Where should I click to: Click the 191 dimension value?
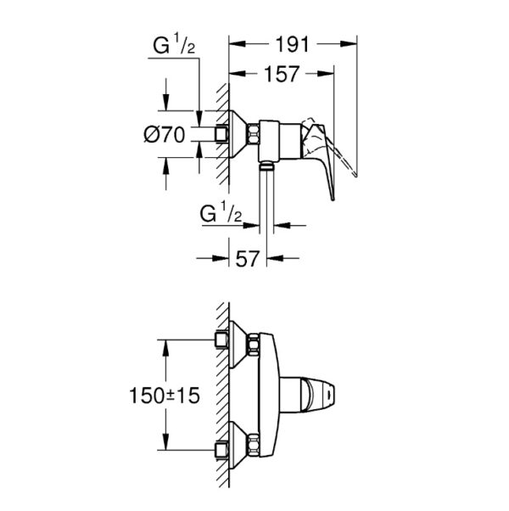(x=292, y=44)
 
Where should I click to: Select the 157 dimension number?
(x=282, y=74)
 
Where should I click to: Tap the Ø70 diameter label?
(x=164, y=135)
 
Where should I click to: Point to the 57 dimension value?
(x=248, y=258)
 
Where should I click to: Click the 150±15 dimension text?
(x=164, y=396)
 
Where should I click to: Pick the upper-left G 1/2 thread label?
(x=174, y=44)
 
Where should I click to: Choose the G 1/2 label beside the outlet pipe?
(x=221, y=212)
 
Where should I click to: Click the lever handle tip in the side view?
(x=333, y=198)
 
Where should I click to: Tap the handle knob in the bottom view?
(x=318, y=395)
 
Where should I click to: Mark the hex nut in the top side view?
(x=253, y=134)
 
